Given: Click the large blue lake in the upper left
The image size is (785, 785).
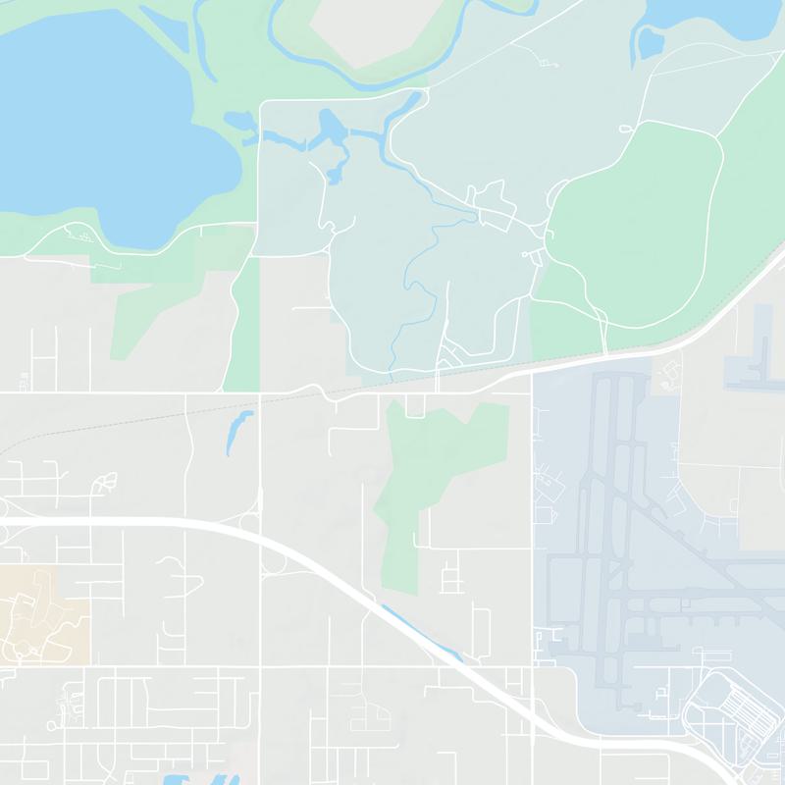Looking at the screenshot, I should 98,118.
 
